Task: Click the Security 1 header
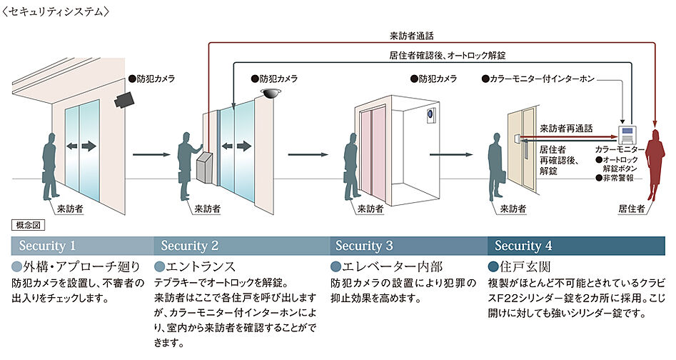click(47, 246)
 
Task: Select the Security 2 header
click(190, 246)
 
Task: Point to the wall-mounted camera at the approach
click(125, 99)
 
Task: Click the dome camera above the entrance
click(271, 94)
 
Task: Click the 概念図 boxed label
click(29, 224)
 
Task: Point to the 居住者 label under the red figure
click(631, 209)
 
